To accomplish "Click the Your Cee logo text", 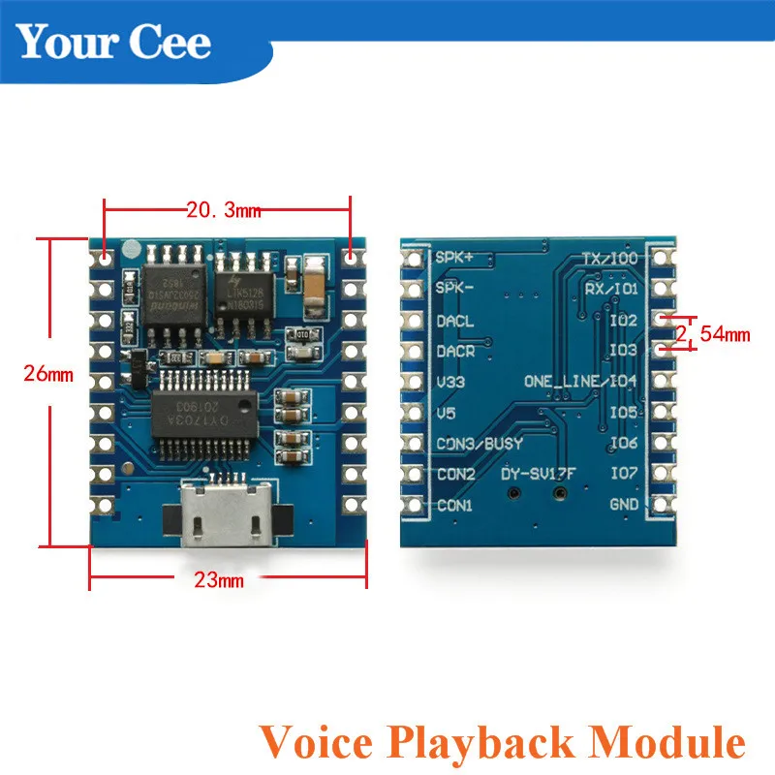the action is [x=114, y=43].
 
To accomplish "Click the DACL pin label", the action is [x=456, y=320].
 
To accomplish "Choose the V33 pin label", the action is [x=451, y=382].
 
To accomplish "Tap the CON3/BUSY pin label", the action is [x=480, y=444].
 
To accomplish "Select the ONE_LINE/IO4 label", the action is [x=580, y=381].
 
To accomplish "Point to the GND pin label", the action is [x=623, y=505].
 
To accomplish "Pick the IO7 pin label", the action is [x=623, y=474].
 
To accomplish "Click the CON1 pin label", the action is [x=455, y=505].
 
